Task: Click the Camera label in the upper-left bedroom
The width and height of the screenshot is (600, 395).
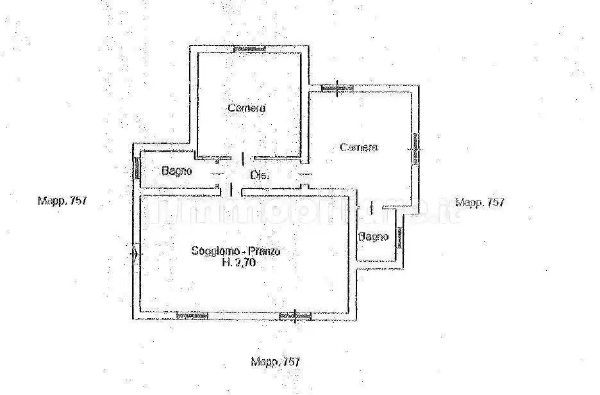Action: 247,108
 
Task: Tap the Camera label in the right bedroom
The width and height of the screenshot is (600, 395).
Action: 359,147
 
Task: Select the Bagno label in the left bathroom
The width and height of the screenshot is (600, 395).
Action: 176,171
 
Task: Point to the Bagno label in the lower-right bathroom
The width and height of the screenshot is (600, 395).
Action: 374,237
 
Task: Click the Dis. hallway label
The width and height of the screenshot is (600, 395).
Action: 259,175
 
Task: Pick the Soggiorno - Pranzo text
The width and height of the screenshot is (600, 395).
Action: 235,252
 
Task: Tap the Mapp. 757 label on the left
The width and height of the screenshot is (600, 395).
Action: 62,200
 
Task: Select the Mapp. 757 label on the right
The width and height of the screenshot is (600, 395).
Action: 479,202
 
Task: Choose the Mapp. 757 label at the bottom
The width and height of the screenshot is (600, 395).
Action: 275,362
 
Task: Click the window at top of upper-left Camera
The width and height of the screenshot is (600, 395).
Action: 249,49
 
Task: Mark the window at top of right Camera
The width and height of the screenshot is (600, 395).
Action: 337,88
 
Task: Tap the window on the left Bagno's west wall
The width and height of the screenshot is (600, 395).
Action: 137,168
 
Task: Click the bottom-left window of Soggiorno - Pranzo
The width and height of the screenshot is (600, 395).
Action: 193,315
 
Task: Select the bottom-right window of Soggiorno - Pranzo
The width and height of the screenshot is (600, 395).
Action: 296,315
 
